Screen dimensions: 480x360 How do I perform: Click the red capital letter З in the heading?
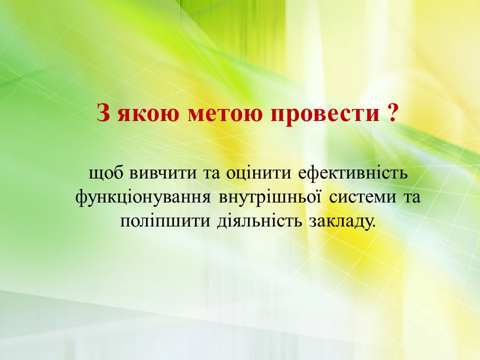tap(103, 112)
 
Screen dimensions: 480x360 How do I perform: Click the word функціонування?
tap(143, 198)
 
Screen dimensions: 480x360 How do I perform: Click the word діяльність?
tap(260, 221)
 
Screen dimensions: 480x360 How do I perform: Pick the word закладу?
tap(340, 222)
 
